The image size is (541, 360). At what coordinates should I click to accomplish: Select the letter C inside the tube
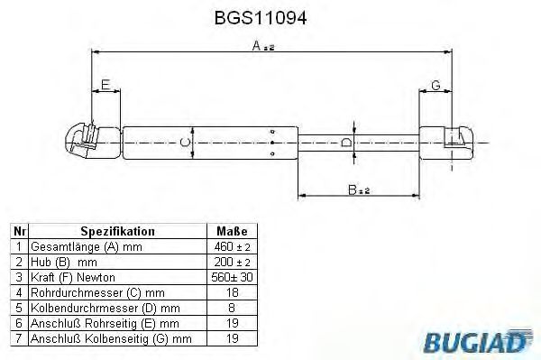185,142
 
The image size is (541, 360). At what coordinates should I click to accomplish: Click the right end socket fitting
455,141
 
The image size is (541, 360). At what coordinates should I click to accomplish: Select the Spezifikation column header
117,231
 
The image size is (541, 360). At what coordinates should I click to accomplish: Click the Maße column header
232,231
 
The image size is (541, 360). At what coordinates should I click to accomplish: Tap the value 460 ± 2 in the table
232,245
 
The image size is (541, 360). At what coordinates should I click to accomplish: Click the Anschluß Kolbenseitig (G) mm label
111,338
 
